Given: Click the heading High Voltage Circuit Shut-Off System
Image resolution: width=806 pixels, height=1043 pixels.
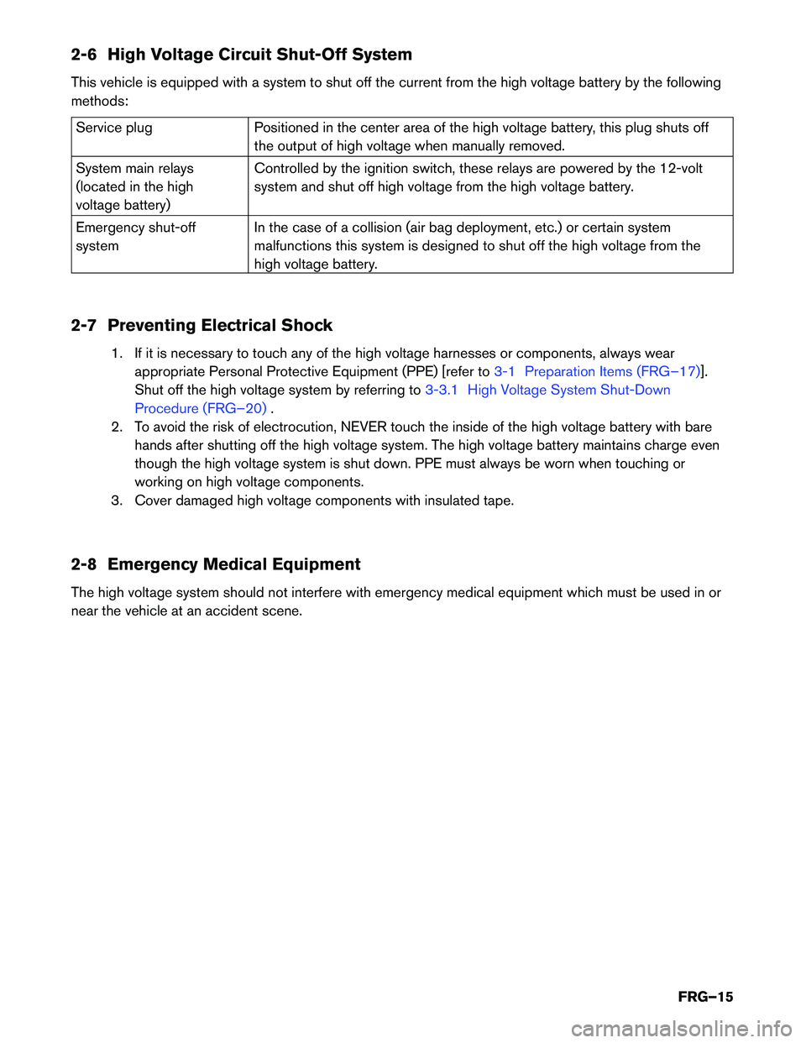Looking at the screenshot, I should pyautogui.click(x=259, y=55).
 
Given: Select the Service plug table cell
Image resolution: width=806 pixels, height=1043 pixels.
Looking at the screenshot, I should pyautogui.click(x=114, y=128).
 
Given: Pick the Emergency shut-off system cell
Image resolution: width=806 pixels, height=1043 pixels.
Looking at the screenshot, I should pyautogui.click(x=135, y=237).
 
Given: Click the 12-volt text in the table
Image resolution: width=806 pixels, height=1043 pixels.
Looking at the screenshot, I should pyautogui.click(x=681, y=168).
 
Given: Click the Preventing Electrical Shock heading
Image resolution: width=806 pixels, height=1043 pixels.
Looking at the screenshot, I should pyautogui.click(x=220, y=326).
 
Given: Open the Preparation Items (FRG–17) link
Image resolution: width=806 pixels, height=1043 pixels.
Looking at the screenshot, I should pyautogui.click(x=612, y=371).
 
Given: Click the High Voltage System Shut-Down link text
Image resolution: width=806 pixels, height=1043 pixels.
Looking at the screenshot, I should pyautogui.click(x=568, y=390).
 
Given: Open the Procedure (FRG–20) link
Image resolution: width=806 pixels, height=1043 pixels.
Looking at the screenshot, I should pyautogui.click(x=201, y=408).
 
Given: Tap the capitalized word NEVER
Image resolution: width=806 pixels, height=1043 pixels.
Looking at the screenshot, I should pyautogui.click(x=364, y=427).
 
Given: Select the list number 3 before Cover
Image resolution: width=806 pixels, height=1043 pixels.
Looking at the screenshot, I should pyautogui.click(x=117, y=501).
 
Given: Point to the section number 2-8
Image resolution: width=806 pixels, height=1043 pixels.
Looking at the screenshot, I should pyautogui.click(x=83, y=564).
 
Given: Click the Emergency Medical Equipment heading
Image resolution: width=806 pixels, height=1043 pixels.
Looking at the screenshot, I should pyautogui.click(x=233, y=564).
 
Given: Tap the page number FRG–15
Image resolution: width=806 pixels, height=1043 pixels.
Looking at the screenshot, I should pyautogui.click(x=705, y=997).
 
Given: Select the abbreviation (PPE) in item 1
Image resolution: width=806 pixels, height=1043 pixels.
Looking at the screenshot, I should pyautogui.click(x=420, y=371).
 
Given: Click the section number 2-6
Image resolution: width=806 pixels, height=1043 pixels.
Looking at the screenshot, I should pyautogui.click(x=83, y=55).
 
